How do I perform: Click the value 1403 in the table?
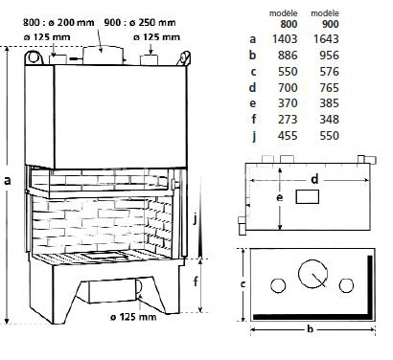[285, 39]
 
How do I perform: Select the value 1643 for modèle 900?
[326, 39]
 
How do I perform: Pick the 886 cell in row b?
[288, 56]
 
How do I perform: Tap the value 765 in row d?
[329, 87]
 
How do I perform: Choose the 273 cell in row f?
[288, 120]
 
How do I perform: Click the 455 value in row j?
[288, 135]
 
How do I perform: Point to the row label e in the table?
[253, 103]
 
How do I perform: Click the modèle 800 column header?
[284, 18]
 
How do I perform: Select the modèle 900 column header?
[325, 18]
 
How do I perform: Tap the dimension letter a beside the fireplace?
[8, 180]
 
